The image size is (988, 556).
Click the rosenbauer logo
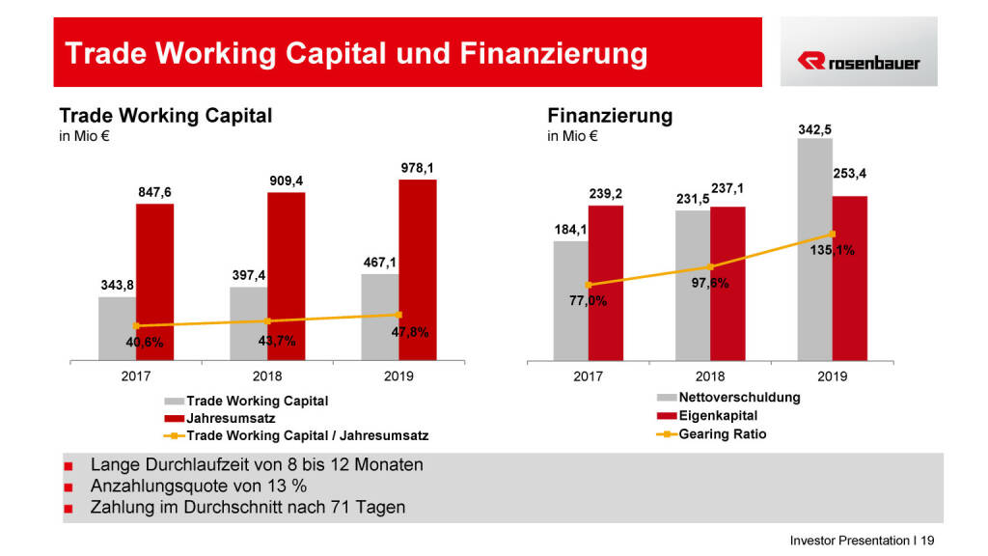pyautogui.click(x=858, y=63)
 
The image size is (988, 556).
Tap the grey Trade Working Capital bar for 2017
pyautogui.click(x=117, y=328)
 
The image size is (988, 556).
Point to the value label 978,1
pyautogui.click(x=417, y=167)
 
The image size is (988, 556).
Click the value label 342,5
pyautogui.click(x=815, y=128)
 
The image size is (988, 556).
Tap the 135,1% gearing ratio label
pyautogui.click(x=832, y=251)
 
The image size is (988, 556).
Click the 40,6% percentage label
pyautogui.click(x=145, y=343)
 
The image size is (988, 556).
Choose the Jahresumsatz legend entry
pyautogui.click(x=231, y=418)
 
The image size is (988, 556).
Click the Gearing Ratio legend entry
pyautogui.click(x=723, y=433)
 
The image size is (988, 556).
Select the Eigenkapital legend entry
pyautogui.click(x=718, y=415)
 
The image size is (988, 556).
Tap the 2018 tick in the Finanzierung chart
pyautogui.click(x=709, y=375)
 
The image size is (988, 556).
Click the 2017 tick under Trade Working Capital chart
pyautogui.click(x=136, y=375)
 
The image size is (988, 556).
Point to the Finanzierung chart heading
pyautogui.click(x=610, y=116)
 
